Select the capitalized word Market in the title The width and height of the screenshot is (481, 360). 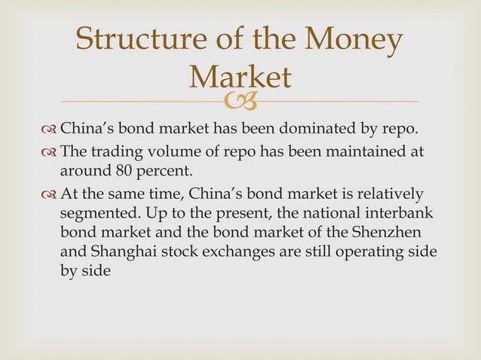240,77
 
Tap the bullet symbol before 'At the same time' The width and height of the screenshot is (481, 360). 47,194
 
